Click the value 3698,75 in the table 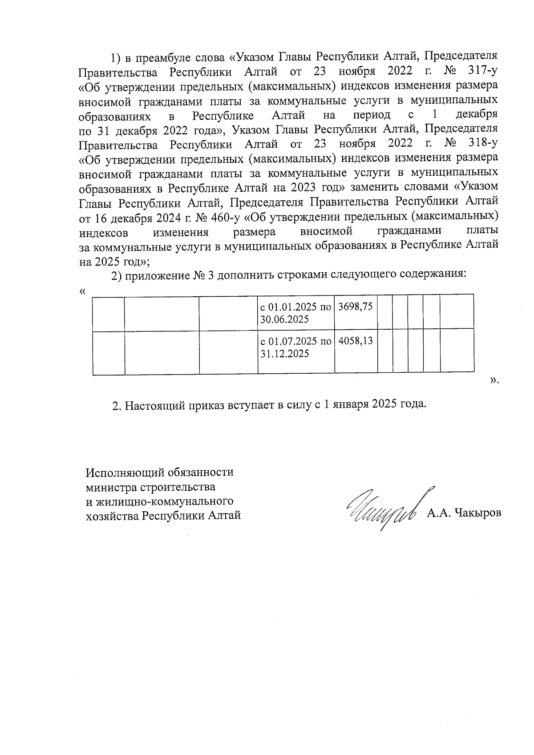[x=355, y=307]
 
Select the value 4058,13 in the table [x=355, y=342]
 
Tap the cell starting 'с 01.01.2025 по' [x=295, y=313]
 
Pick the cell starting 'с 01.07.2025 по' [x=295, y=347]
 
